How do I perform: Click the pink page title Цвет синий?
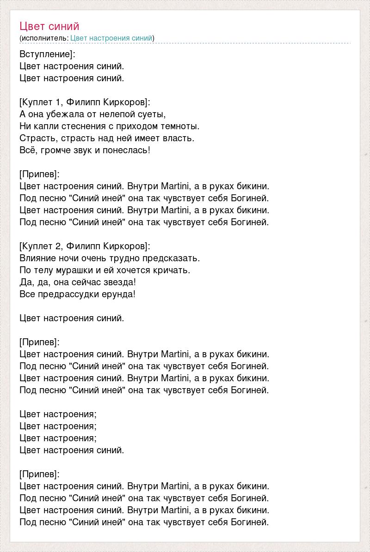(x=49, y=26)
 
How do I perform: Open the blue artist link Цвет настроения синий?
(x=111, y=38)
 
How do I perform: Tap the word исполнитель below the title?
(x=44, y=38)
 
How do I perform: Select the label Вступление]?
(x=48, y=54)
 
